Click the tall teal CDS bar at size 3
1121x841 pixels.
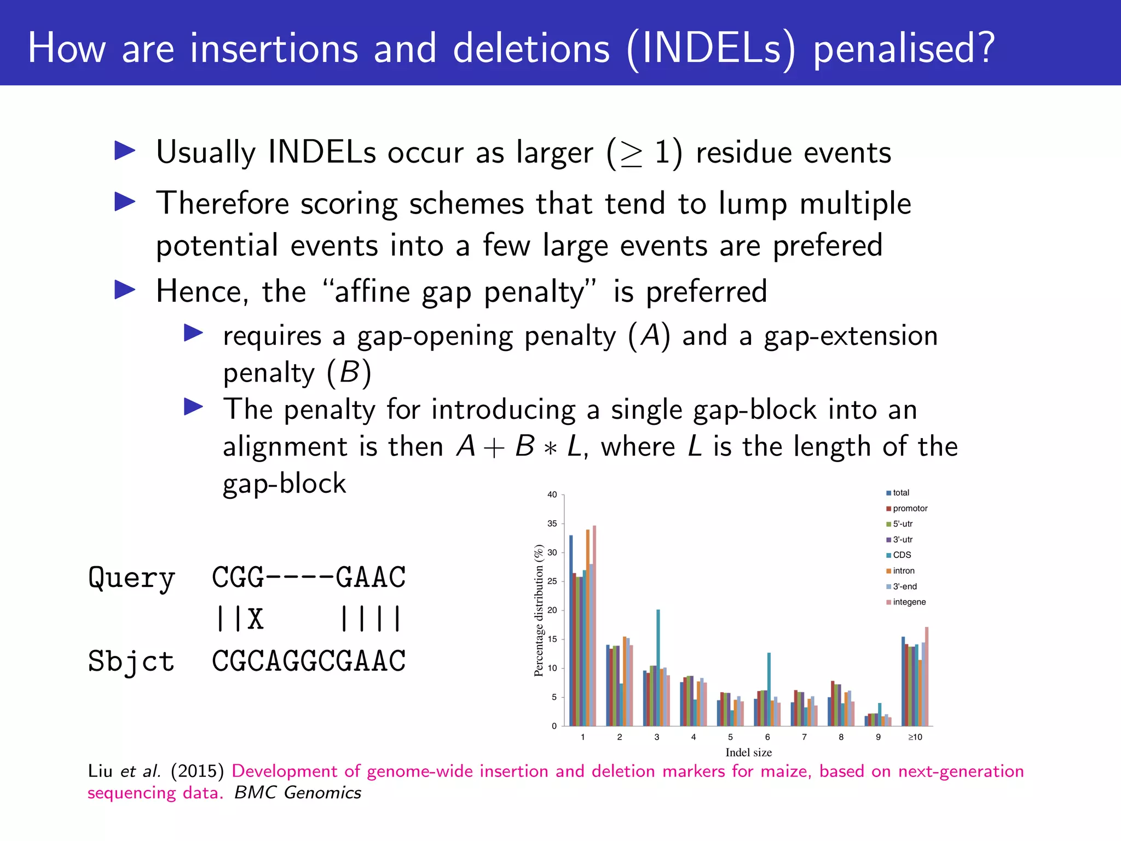coord(658,668)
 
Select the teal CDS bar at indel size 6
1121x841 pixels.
coord(769,690)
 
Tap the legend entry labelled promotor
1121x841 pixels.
coord(910,508)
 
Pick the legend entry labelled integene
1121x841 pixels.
coord(909,602)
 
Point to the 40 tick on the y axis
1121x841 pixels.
coord(552,494)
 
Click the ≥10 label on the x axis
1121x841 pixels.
coord(915,737)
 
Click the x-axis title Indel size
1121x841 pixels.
coord(748,752)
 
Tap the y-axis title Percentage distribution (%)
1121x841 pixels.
coord(539,610)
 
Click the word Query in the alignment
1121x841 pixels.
coord(131,578)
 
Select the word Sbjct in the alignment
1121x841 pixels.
coord(131,661)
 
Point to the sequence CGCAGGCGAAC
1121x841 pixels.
coord(309,661)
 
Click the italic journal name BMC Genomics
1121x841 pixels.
coord(298,792)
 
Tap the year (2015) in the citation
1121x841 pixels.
coord(197,771)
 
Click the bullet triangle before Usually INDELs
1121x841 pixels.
coord(125,151)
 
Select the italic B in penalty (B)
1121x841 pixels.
coord(349,372)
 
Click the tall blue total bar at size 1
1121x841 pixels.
coord(571,630)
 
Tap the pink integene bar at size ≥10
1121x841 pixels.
coord(927,677)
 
